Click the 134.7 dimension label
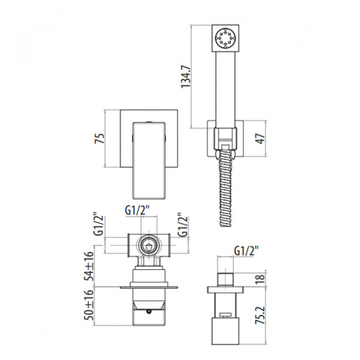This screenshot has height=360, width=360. tap(186, 76)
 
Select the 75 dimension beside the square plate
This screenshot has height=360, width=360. tap(100, 138)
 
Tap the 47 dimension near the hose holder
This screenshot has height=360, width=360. tap(261, 139)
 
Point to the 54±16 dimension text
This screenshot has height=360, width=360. tap(89, 266)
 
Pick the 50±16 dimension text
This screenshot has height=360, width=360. tap(89, 305)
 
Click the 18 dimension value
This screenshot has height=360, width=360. tap(261, 279)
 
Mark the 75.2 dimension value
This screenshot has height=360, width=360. tap(261, 315)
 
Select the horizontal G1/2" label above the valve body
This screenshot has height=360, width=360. tap(137, 210)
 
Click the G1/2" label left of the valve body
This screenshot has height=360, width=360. tap(98, 226)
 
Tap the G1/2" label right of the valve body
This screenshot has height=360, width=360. tap(183, 225)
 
